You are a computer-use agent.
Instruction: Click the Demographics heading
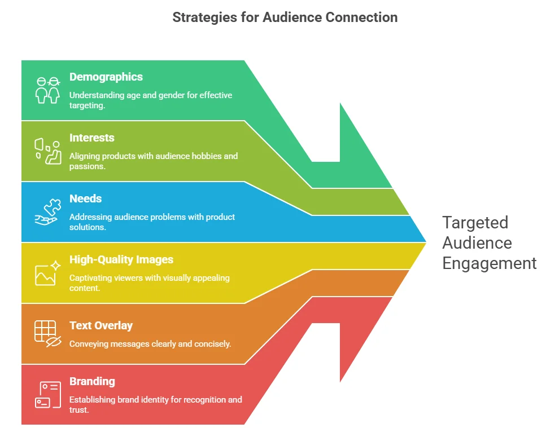pos(106,77)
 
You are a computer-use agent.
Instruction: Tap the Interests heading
pos(92,138)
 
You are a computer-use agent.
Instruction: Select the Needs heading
pos(85,198)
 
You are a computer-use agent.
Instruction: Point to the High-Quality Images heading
pos(121,260)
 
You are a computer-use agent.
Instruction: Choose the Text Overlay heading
pos(101,326)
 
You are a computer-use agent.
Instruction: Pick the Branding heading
pos(92,382)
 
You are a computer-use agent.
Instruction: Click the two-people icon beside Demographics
pos(47,90)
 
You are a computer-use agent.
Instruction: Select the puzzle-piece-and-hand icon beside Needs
pos(47,212)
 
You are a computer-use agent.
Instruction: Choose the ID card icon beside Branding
pos(47,394)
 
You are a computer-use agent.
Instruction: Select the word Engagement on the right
pos(489,263)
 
